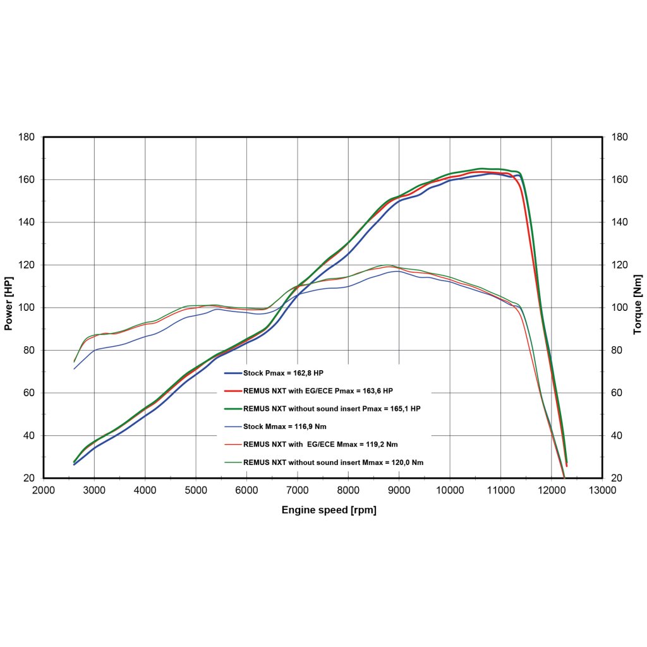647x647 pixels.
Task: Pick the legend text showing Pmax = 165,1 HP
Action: tap(332, 409)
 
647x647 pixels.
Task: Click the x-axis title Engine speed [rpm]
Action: tap(329, 510)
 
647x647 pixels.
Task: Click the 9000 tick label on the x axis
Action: tap(399, 490)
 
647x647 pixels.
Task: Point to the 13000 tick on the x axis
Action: tap(602, 490)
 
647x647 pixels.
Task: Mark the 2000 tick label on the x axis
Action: tap(44, 490)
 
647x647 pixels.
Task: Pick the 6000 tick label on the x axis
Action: tap(246, 490)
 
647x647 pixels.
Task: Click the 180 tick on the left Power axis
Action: tap(27, 137)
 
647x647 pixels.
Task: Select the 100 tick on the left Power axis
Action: tap(27, 308)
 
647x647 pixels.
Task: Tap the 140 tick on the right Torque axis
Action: tap(620, 222)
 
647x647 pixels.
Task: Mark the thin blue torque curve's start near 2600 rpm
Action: tap(75, 368)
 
